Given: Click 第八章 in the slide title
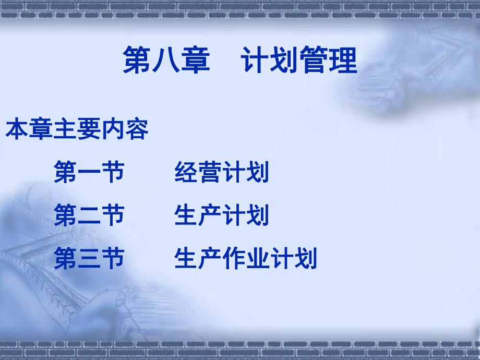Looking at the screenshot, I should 166,60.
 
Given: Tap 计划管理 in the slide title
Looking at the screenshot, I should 299,60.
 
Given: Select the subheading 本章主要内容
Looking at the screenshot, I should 77,130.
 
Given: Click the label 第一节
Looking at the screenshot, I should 89,173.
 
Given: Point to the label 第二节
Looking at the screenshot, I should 89,215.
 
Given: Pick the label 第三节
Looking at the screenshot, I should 89,259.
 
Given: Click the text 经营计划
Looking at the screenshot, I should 222,173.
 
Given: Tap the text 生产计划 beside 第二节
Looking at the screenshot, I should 222,215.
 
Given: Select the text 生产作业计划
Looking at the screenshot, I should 246,259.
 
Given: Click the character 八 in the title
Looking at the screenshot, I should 166,60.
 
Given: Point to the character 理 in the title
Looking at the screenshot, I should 342,60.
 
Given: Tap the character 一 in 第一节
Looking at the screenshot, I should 89,173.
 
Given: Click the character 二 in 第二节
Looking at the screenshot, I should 89,215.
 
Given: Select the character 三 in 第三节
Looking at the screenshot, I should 89,259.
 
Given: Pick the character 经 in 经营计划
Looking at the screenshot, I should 186,173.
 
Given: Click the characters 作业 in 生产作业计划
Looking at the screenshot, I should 246,259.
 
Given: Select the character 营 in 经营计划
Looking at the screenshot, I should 210,173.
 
